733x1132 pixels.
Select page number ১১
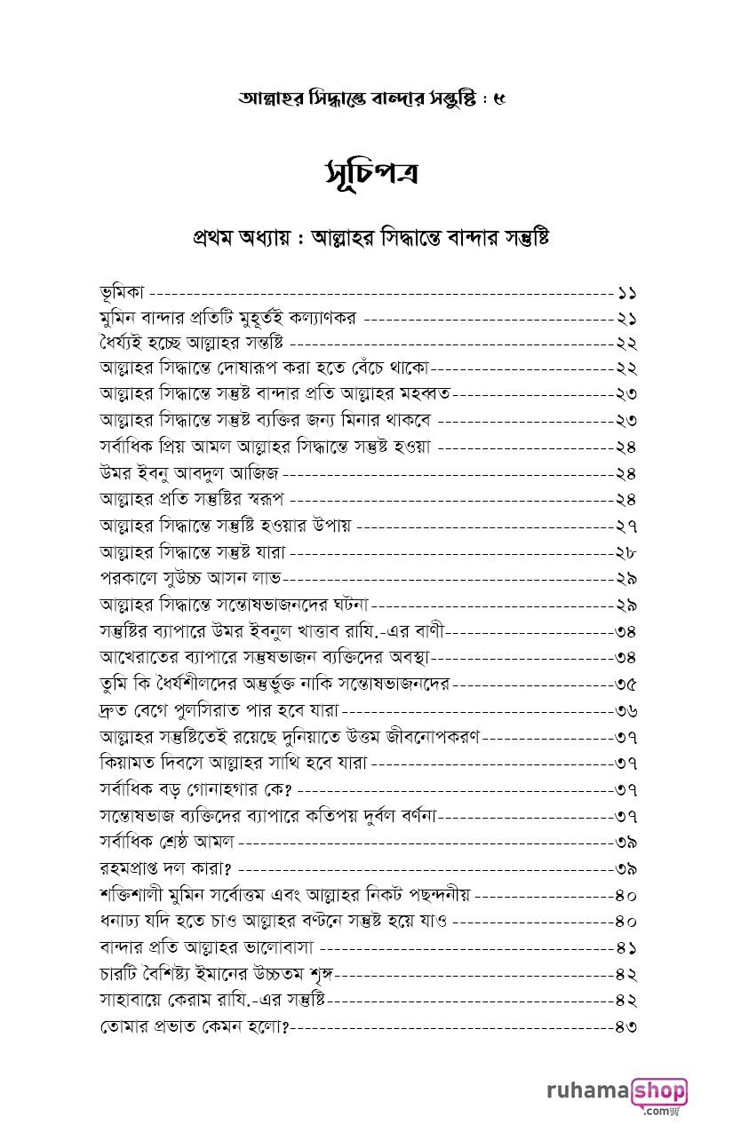626,292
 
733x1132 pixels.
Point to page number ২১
626,318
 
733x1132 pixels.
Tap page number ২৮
626,552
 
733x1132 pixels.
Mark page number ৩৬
626,711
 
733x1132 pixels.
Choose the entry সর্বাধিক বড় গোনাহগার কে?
196,789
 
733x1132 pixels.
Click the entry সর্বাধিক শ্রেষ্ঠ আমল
166,841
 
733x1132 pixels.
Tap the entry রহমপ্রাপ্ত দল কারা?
165,867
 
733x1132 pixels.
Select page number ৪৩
626,1026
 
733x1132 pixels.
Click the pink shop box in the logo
659,1089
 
